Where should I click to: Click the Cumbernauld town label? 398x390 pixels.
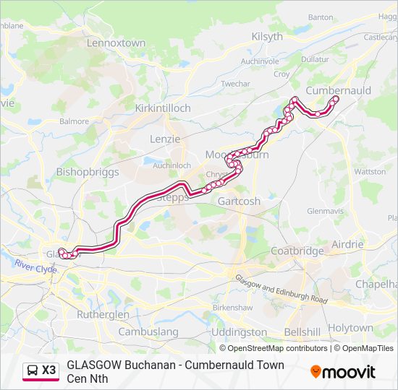pos(338,90)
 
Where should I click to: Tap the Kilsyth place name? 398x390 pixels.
pos(267,37)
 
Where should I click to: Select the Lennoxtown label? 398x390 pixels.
pos(116,43)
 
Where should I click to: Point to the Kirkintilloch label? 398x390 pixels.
pos(163,108)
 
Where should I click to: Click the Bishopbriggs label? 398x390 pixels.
pos(86,173)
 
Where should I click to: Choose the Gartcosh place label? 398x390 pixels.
pos(239,201)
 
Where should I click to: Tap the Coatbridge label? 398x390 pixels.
pos(297,251)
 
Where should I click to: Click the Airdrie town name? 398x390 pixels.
pos(347,244)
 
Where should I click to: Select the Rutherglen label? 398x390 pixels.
pos(103,315)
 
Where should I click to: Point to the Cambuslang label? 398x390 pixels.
pos(148,331)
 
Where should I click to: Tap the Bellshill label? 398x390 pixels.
pos(302,332)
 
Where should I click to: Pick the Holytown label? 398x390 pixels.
pos(350,327)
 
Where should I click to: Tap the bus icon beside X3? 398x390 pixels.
pos(33,370)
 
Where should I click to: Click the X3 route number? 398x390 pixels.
pos(48,370)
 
